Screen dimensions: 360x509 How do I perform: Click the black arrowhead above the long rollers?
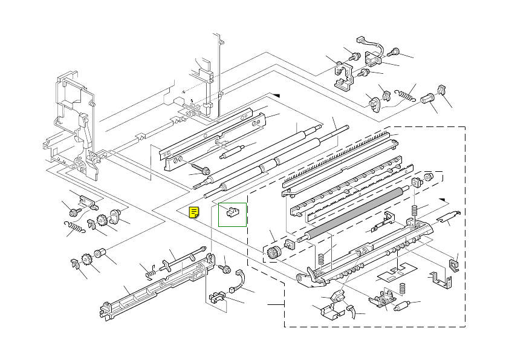[x=276, y=95]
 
